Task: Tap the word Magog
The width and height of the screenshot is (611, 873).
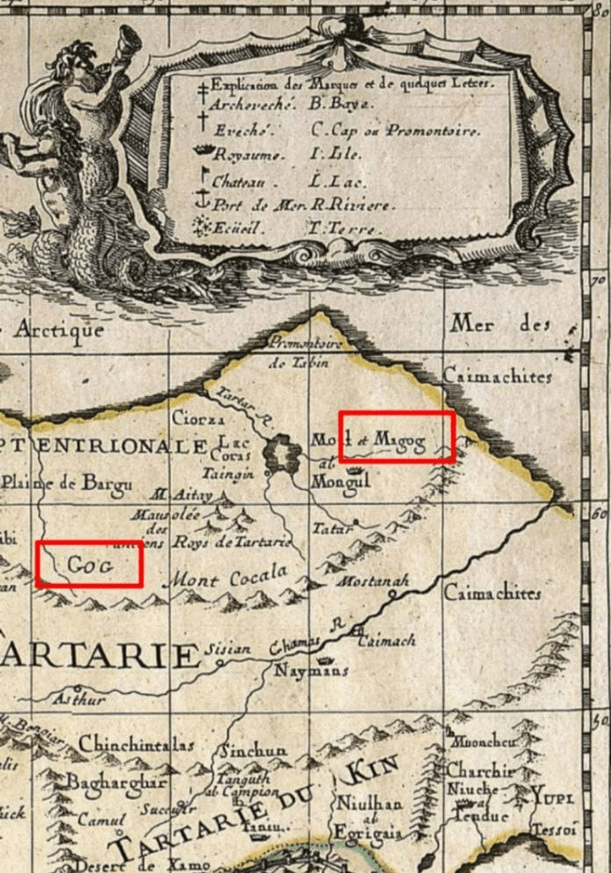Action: pyautogui.click(x=399, y=437)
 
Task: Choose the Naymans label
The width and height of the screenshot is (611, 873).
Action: pyautogui.click(x=312, y=671)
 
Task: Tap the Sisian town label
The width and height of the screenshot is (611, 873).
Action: pyautogui.click(x=227, y=650)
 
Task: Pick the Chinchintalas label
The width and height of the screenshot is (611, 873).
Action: pyautogui.click(x=136, y=745)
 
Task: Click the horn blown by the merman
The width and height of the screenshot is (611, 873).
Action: pyautogui.click(x=130, y=41)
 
